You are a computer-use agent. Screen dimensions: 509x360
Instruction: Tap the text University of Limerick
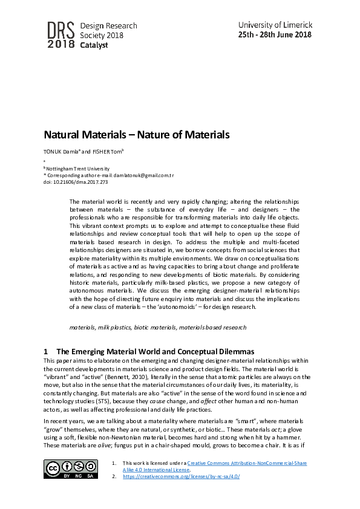point(275,25)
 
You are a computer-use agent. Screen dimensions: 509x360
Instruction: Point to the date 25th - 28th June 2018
point(275,34)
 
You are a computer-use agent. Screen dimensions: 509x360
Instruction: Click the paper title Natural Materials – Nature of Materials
point(136,135)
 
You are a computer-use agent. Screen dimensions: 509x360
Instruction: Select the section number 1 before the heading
point(46,351)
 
